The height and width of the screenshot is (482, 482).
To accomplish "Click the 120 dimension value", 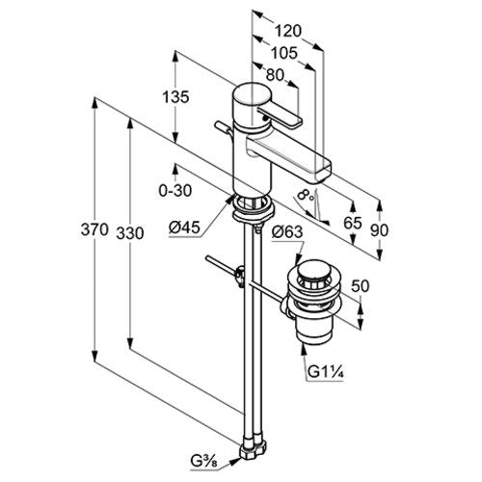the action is (x=288, y=31).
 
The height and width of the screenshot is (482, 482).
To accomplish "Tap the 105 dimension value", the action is (x=284, y=53).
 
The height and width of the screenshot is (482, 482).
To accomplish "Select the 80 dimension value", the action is (x=276, y=75).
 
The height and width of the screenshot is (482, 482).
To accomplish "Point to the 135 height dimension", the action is (x=175, y=97).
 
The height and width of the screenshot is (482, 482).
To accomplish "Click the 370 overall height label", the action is (x=94, y=229).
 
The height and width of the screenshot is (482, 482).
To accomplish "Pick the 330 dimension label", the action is (x=130, y=233).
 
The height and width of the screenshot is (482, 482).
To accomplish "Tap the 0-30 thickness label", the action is (x=175, y=191).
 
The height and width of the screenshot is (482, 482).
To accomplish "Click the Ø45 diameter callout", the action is (x=184, y=228).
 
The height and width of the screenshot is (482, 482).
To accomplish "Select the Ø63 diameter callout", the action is (x=287, y=231).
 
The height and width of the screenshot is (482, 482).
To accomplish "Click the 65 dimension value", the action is (x=353, y=223).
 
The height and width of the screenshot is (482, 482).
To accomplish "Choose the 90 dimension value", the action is (x=379, y=230).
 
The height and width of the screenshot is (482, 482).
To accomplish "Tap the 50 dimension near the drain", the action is (x=361, y=286).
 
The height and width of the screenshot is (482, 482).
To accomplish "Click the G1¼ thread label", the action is (x=326, y=372).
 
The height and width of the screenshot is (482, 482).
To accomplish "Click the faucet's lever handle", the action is (x=280, y=117).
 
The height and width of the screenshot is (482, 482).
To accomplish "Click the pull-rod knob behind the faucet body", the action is (x=222, y=127).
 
